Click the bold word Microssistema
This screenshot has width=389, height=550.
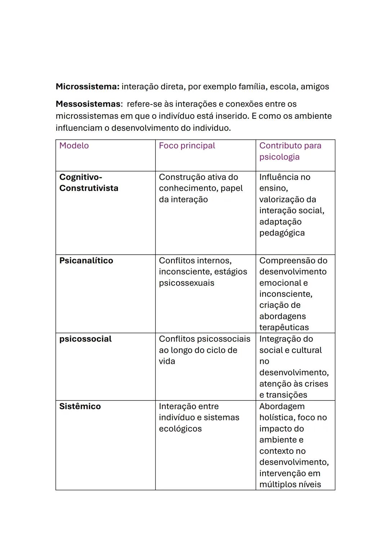pyautogui.click(x=87, y=87)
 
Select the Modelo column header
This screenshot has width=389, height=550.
pyautogui.click(x=74, y=146)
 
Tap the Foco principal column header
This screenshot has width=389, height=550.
pyautogui.click(x=187, y=146)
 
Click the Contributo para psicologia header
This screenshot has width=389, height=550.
pyautogui.click(x=290, y=151)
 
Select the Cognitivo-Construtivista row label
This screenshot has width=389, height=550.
pyautogui.click(x=89, y=183)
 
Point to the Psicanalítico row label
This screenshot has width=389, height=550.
pyautogui.click(x=86, y=260)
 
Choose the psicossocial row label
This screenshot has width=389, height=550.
pyautogui.click(x=85, y=339)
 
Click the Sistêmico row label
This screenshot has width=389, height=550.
pyautogui.click(x=80, y=406)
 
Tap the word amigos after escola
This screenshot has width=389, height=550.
pyautogui.click(x=315, y=87)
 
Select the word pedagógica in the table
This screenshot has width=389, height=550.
pyautogui.click(x=282, y=233)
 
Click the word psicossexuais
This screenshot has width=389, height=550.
pyautogui.click(x=186, y=283)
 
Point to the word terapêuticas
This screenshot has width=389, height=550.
pyautogui.click(x=284, y=327)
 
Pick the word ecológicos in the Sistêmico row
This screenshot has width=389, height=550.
pyautogui.click(x=180, y=429)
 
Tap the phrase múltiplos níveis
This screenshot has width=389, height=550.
pyautogui.click(x=290, y=484)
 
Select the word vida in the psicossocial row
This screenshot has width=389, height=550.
pyautogui.click(x=167, y=361)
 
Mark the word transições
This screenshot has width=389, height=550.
pyautogui.click(x=286, y=395)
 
